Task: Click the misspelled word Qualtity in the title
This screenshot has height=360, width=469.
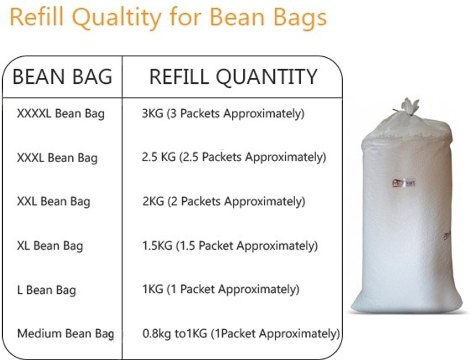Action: (114, 18)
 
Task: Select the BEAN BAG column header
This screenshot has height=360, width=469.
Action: (62, 77)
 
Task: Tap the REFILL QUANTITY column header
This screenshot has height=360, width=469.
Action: (233, 77)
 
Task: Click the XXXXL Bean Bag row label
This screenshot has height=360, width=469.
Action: (61, 114)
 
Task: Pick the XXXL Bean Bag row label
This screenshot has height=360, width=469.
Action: (57, 158)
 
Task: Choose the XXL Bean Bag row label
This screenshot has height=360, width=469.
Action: (54, 202)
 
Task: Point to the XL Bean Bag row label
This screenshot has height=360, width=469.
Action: (50, 245)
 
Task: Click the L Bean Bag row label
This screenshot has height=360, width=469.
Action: (47, 290)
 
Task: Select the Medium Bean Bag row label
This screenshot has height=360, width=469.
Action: (65, 334)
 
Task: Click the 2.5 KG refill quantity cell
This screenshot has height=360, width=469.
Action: (234, 158)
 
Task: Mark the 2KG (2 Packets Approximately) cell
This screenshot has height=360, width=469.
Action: (223, 202)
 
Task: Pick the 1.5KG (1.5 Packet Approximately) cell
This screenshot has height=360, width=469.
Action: (230, 245)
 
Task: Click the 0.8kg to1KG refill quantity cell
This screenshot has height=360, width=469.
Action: (241, 334)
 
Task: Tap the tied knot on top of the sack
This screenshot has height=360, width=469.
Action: (409, 106)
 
